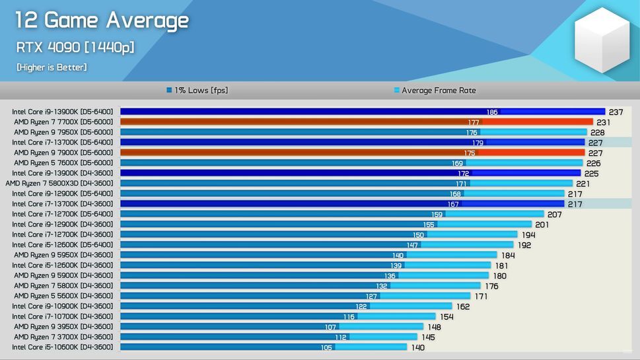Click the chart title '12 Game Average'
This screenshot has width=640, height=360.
point(102,20)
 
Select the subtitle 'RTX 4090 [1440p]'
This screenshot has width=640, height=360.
point(75,48)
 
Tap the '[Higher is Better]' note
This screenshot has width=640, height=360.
point(52,67)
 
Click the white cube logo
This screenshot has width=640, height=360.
point(602,40)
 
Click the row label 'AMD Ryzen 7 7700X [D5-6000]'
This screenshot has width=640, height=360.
point(63,122)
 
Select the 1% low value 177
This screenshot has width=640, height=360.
point(473,122)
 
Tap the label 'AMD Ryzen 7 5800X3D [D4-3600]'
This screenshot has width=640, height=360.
point(59,184)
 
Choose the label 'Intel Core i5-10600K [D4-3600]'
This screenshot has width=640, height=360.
point(63,347)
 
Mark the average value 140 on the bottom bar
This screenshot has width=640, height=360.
point(418,347)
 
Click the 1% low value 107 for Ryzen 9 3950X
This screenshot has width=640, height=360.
point(330,327)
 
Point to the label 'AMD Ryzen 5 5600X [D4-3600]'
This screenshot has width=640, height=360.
point(63,296)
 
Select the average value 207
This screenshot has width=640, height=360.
point(555,215)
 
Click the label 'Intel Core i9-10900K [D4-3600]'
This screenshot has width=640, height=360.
point(63,306)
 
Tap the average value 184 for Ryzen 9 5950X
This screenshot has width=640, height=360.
point(508,256)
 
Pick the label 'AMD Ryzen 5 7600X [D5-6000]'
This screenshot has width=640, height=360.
point(63,163)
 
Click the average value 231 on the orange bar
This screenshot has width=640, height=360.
point(604,122)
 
